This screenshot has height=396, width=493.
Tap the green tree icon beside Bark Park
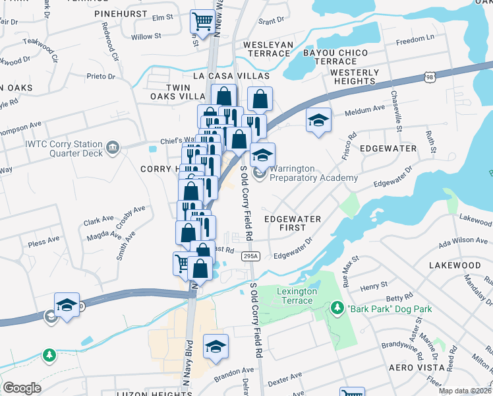pos(338,308)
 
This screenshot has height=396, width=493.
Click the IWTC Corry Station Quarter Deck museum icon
pos(112,145)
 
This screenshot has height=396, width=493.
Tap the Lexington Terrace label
pos(294,296)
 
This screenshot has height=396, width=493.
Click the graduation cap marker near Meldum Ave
pos(318,120)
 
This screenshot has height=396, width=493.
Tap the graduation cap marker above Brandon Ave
pos(216,346)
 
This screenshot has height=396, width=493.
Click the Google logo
pos(22,387)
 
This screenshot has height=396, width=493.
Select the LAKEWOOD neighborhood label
pos(454,265)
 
